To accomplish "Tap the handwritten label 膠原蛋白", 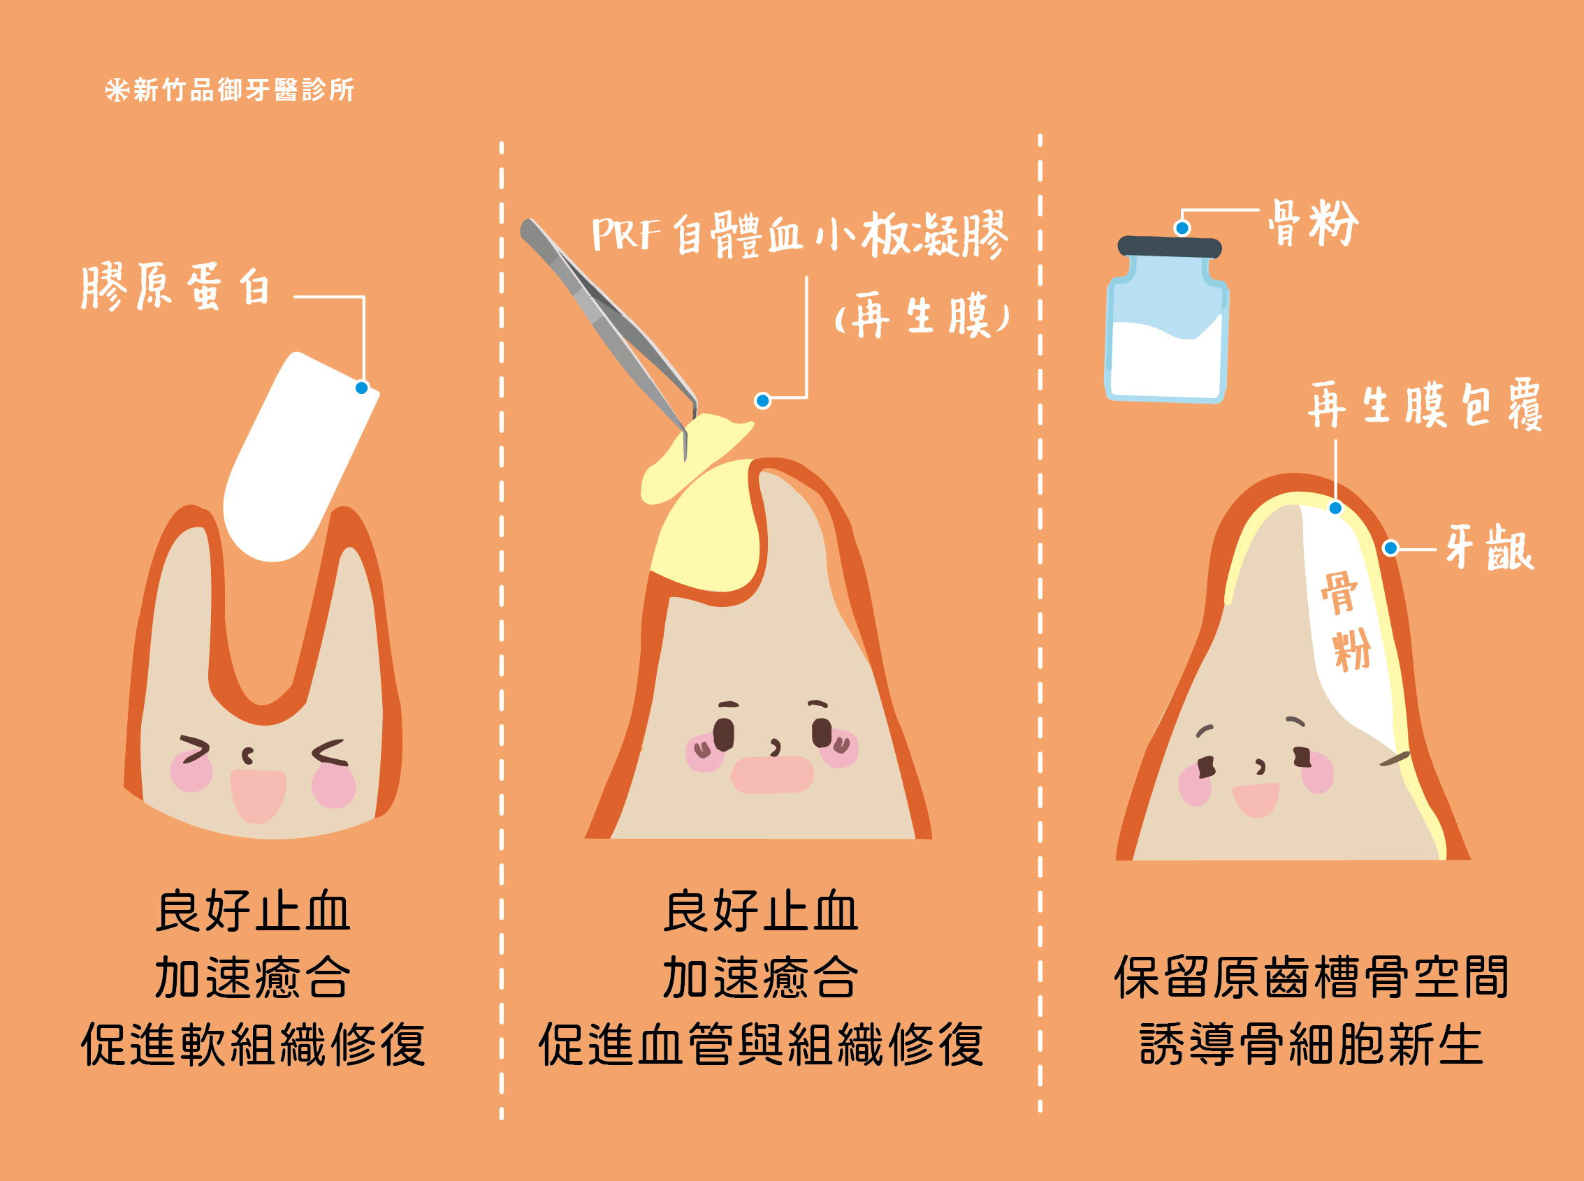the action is coord(176,286).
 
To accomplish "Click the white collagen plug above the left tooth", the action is coord(300,457).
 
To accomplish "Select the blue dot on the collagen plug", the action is coord(362,388).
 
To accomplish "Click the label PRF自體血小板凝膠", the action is coord(800,235).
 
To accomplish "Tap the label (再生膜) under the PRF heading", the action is coord(922,315).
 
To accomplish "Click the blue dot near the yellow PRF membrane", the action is coord(763,400).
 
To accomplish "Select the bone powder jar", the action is coord(1168,319).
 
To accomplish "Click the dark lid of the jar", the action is coord(1170,247).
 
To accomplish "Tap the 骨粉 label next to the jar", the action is coord(1313,223).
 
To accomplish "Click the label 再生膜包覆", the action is coord(1425,404).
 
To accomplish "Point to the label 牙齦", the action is coord(1490,548).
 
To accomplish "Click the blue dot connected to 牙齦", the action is coord(1391,548).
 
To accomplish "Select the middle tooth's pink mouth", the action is coord(772,775).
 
